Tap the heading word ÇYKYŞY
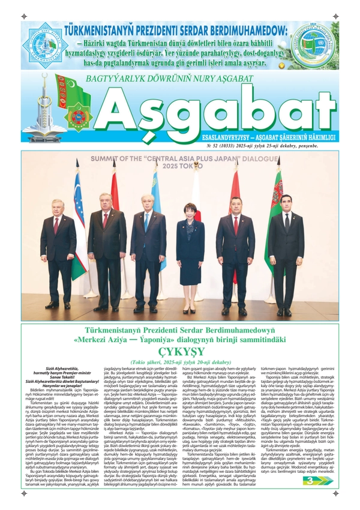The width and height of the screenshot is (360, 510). pyautogui.click(x=179, y=350)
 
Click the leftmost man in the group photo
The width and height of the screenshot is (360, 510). pyautogui.click(x=58, y=252)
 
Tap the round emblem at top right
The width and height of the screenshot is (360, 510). pyautogui.click(x=314, y=45)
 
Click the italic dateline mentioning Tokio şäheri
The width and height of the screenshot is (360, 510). pyautogui.click(x=179, y=362)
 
